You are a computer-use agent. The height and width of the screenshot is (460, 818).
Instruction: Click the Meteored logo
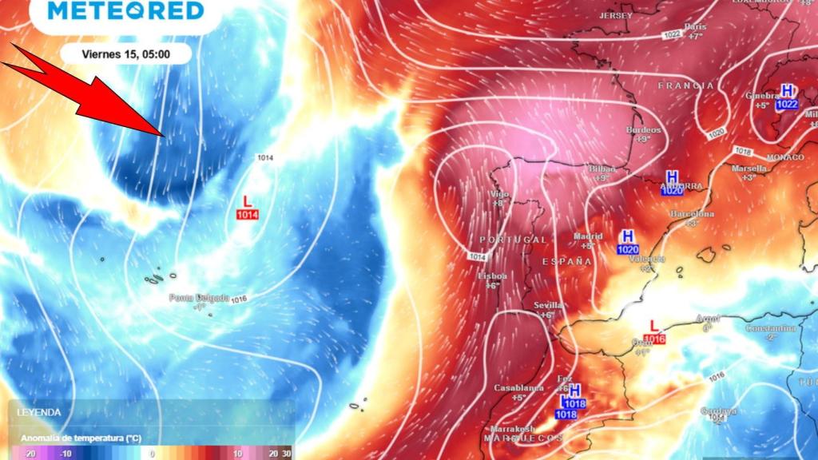(x=126, y=10)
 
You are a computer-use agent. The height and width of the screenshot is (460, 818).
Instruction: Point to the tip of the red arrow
(x=164, y=135)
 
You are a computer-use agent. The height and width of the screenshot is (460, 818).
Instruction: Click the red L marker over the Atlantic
(x=247, y=201)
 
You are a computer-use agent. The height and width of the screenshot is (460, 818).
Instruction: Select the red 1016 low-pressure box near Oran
(x=655, y=339)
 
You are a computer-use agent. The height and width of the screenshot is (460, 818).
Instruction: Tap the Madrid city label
(x=587, y=236)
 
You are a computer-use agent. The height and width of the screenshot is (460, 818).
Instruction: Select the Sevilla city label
(x=548, y=305)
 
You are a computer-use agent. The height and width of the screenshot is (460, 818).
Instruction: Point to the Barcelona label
(x=692, y=214)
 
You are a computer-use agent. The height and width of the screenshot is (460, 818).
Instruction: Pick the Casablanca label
(x=518, y=388)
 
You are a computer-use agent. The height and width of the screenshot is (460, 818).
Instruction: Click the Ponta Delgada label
(x=199, y=298)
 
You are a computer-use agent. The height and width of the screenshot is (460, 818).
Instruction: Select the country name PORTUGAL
(x=514, y=240)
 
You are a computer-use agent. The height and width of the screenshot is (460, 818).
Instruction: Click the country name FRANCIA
(x=685, y=85)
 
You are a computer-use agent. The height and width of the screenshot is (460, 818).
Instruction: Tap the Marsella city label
(x=749, y=169)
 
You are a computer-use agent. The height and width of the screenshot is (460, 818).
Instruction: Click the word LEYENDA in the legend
(x=39, y=412)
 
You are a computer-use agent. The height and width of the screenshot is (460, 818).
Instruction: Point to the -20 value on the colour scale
(x=30, y=453)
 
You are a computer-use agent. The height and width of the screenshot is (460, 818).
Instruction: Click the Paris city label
(x=695, y=26)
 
